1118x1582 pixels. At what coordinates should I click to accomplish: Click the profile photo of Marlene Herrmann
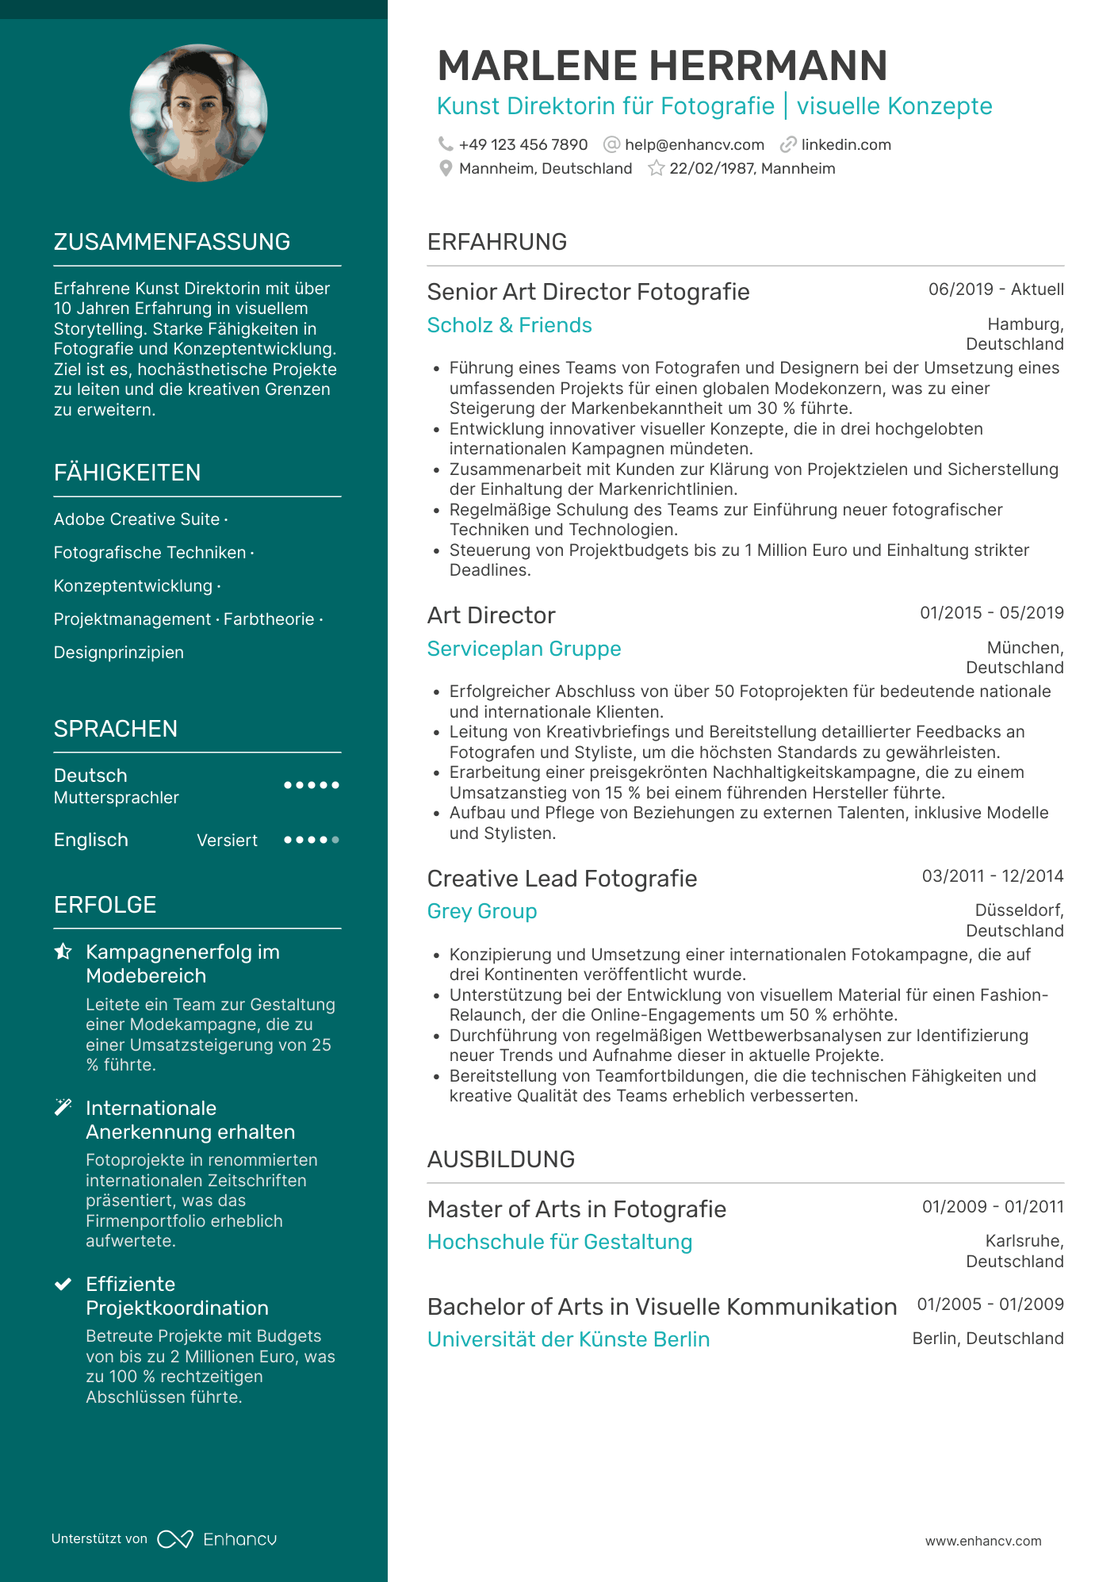point(198,113)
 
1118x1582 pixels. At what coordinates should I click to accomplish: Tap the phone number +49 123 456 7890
point(523,145)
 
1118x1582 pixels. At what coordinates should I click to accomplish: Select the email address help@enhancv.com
point(694,145)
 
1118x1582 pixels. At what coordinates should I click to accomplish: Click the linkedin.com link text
point(845,145)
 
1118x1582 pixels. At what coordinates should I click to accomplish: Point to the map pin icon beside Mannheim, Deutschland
point(446,169)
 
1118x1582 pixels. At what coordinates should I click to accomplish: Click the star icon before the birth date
point(656,169)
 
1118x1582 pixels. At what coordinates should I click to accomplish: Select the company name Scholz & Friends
point(509,325)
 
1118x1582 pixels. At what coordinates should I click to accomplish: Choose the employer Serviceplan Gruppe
point(523,649)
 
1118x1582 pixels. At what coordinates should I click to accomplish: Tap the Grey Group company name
point(481,911)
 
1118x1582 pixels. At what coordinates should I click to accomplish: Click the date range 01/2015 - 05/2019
point(991,613)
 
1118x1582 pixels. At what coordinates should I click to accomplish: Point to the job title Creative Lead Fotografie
point(561,879)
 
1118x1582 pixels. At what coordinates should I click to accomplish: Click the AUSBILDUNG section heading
point(500,1159)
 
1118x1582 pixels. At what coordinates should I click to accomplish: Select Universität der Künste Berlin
point(568,1339)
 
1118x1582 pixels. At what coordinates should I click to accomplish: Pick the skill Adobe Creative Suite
point(136,519)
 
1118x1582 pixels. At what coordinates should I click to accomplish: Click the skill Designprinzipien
point(118,653)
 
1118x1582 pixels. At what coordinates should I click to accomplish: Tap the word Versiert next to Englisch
point(227,841)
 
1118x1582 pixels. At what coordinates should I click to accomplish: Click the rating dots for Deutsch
point(312,785)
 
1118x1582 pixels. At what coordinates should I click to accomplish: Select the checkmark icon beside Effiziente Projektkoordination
point(63,1285)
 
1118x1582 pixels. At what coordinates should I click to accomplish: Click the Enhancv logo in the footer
point(217,1539)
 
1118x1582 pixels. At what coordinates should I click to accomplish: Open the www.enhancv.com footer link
point(982,1541)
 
